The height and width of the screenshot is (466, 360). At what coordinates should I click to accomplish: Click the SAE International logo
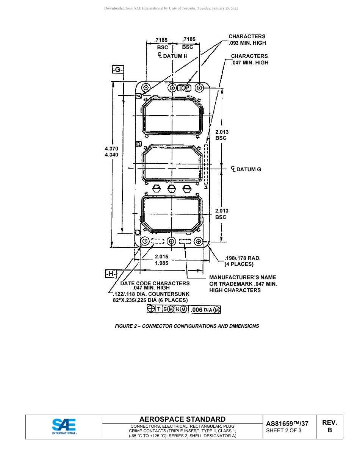pos(64,427)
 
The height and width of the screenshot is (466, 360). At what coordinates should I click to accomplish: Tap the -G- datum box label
pos(118,69)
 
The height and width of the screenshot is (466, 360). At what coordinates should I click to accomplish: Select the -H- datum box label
pos(111,274)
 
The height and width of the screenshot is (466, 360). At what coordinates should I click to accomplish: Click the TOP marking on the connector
pos(184,88)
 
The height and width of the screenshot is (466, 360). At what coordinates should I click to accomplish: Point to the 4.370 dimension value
pos(111,149)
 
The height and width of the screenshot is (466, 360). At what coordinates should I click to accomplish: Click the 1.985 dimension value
pos(161,263)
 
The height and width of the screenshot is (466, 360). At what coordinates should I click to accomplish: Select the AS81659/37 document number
pos(287,424)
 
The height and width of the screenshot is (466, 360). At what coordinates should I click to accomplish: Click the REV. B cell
pos(329,426)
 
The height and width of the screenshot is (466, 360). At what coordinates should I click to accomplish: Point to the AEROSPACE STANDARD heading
pos(182,419)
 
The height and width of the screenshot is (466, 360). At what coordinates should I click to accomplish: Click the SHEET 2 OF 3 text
pos(284,430)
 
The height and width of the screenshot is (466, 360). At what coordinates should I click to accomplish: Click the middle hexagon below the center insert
pos(171,188)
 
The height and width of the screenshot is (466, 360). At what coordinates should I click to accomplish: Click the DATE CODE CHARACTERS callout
pos(155,283)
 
